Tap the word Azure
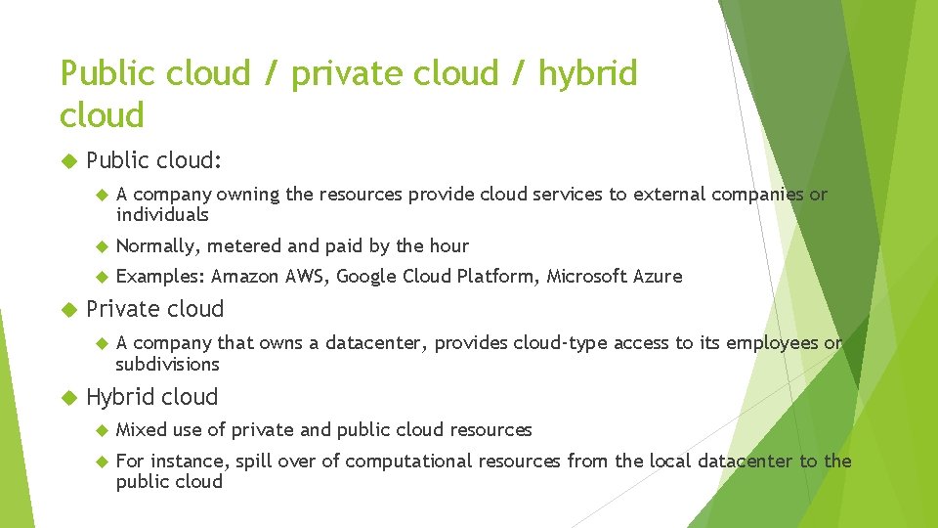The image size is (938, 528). pos(657,277)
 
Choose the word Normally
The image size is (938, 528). pos(158,246)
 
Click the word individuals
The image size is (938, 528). pos(162,215)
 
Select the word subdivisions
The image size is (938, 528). pos(167,365)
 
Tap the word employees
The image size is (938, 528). pos(772,343)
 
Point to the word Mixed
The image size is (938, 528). pos(142,430)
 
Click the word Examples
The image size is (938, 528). pos(160,277)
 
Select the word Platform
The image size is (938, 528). pos(496,277)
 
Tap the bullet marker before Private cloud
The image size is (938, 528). pos(67,310)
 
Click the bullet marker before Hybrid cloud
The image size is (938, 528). pos(67,398)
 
